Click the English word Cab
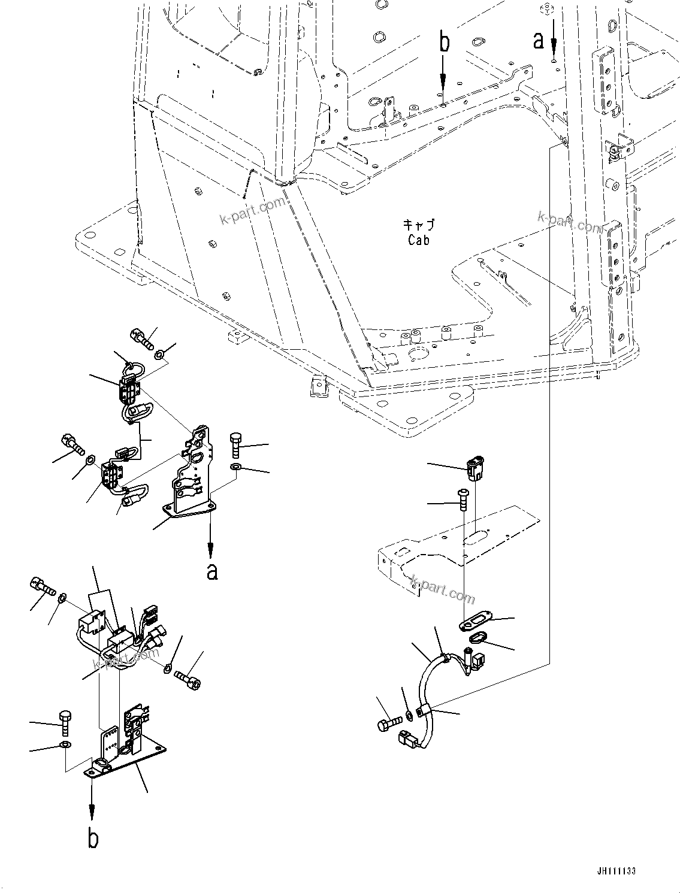point(419,240)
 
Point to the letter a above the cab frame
point(539,40)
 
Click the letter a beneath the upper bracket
point(211,571)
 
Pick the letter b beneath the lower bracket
point(93,839)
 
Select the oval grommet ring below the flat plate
point(477,639)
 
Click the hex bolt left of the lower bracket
point(65,723)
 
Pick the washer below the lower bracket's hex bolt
point(65,745)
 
